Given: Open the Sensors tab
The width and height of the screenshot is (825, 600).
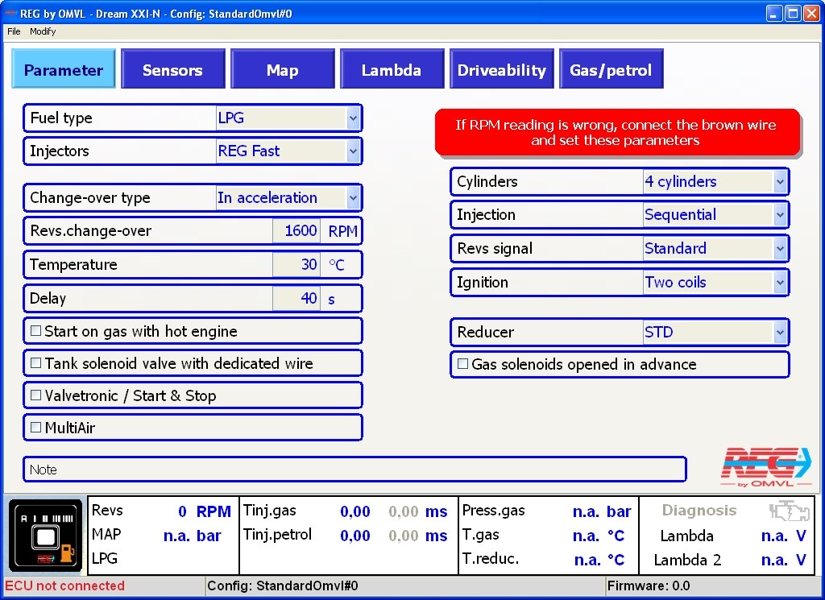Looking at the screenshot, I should [172, 70].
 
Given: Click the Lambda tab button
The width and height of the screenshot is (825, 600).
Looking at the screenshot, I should [391, 70].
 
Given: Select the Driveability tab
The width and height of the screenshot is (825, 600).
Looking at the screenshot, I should [501, 70].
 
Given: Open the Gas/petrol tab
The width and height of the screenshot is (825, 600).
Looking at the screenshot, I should [611, 70].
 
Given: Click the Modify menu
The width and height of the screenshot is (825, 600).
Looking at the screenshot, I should [43, 31].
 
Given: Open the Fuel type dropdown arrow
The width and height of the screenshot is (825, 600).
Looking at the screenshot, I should [353, 118].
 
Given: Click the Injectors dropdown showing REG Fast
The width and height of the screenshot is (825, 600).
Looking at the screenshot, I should [287, 151].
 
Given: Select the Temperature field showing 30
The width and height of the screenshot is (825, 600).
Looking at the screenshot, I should [298, 265].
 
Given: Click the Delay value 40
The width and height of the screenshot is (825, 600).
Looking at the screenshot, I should [298, 299].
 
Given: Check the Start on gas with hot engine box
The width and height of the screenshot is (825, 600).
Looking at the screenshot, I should [35, 331].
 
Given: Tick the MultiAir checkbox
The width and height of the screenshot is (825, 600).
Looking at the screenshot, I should [35, 428].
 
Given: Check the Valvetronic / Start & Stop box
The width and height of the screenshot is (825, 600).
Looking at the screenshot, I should [35, 395].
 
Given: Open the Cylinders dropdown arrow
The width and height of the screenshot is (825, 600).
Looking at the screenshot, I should [780, 182].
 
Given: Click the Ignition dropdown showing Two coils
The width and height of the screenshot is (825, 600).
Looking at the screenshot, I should [714, 283].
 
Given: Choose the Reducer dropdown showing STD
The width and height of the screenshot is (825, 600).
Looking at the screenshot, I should [714, 332].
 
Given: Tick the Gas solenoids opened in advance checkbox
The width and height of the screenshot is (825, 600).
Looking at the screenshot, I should [462, 364].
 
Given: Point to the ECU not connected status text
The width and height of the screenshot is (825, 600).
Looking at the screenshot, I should [65, 586].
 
